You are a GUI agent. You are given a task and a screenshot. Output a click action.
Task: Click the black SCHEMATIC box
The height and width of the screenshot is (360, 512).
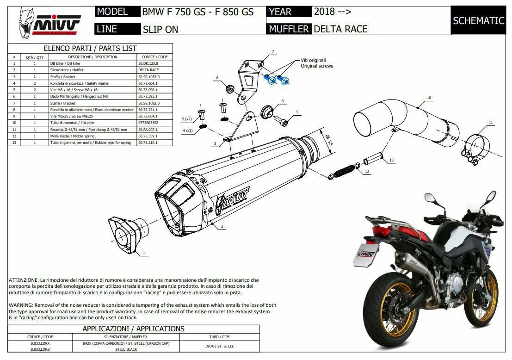(478, 20)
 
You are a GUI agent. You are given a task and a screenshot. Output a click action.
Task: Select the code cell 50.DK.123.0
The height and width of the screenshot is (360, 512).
(149, 63)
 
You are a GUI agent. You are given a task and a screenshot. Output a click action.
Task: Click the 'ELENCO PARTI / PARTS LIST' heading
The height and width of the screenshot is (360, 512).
(90, 48)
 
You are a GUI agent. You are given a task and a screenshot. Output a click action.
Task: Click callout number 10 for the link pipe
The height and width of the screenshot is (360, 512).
(429, 98)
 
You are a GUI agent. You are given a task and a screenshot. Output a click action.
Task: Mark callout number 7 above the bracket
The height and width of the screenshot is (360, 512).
(273, 51)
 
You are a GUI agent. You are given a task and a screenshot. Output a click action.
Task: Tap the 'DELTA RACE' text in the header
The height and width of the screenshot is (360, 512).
(340, 29)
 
